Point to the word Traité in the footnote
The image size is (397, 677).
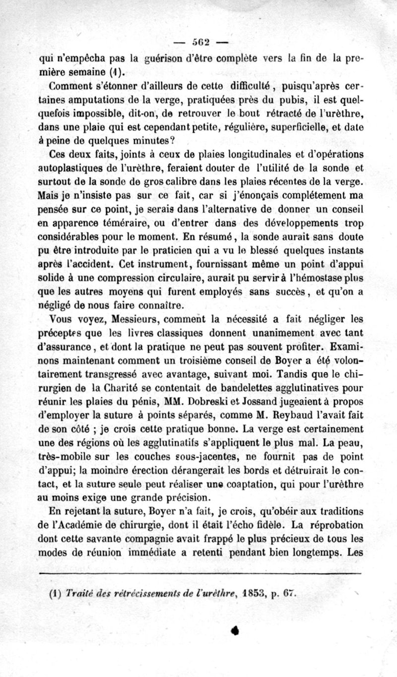coord(76,592)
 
